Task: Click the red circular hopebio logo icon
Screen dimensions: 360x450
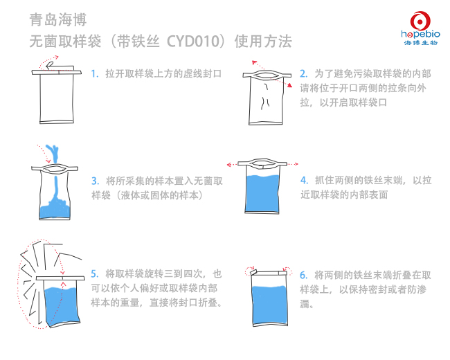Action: (x=420, y=20)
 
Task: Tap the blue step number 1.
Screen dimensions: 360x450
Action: (x=95, y=73)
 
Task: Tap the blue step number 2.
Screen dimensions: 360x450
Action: (x=303, y=73)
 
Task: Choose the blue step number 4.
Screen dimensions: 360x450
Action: (x=303, y=179)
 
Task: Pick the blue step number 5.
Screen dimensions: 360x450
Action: (x=95, y=273)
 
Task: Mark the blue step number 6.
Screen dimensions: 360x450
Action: (x=303, y=274)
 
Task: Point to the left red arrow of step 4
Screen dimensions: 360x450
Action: (x=231, y=165)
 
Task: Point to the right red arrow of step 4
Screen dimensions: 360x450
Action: (x=293, y=165)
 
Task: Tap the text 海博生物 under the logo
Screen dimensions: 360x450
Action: (x=420, y=42)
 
